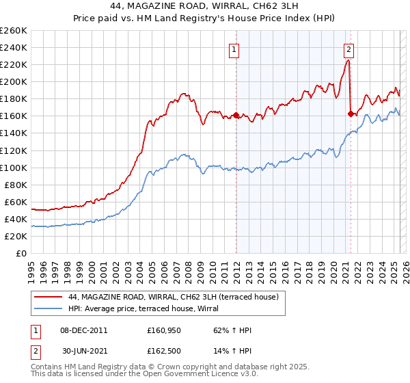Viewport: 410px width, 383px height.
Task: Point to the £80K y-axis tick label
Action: tap(15, 185)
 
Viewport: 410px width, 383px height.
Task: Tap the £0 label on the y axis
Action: tap(22, 253)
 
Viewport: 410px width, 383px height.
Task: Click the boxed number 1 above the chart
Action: tap(234, 49)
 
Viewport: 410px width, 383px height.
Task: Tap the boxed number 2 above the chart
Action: tap(349, 49)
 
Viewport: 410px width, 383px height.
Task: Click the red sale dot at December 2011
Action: tap(236, 115)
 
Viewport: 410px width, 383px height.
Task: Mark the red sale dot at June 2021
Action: tap(351, 114)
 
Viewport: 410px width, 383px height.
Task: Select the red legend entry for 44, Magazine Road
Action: tap(173, 297)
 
